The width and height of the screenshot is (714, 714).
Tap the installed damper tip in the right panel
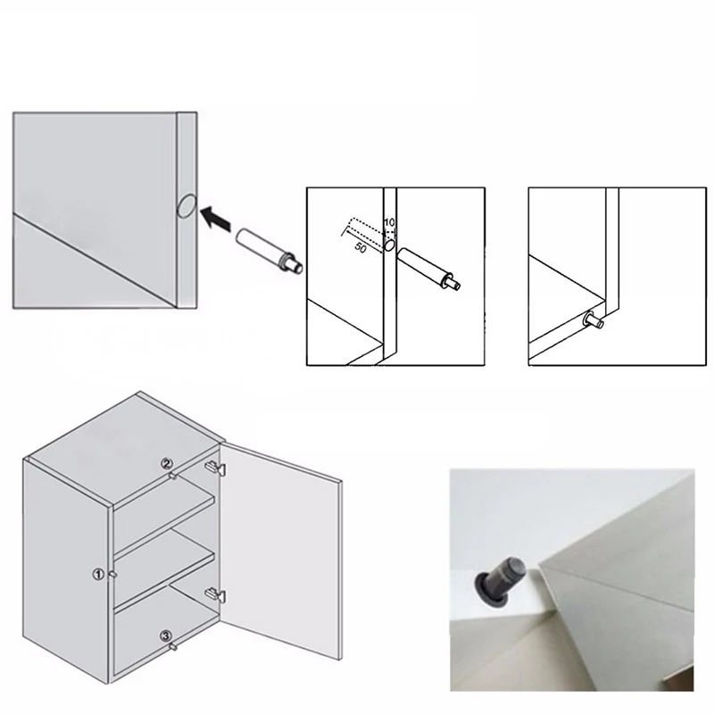[590, 319]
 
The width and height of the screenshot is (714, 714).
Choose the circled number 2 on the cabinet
[165, 463]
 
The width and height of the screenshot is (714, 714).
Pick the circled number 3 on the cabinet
[166, 635]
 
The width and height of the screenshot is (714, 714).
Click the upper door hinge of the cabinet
[215, 467]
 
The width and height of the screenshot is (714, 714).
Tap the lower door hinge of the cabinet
[214, 594]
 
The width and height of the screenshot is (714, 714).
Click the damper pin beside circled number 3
[174, 644]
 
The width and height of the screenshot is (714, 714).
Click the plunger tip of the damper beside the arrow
[300, 264]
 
